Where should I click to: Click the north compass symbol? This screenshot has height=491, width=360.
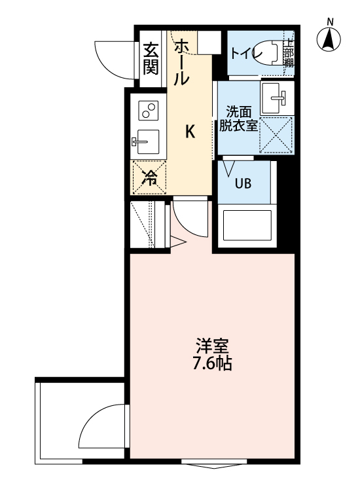pos(330,39)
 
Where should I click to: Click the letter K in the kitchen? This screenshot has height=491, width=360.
pos(190,132)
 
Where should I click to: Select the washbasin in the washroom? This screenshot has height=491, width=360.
pos(276,99)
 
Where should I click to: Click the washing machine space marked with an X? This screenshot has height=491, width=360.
pos(276,135)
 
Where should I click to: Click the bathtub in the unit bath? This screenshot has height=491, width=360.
pos(245,225)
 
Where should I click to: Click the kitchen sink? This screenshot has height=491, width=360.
pos(148,140)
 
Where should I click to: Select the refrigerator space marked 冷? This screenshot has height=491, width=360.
pos(149,177)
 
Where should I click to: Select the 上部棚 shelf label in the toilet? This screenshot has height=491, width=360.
pos(288,53)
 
